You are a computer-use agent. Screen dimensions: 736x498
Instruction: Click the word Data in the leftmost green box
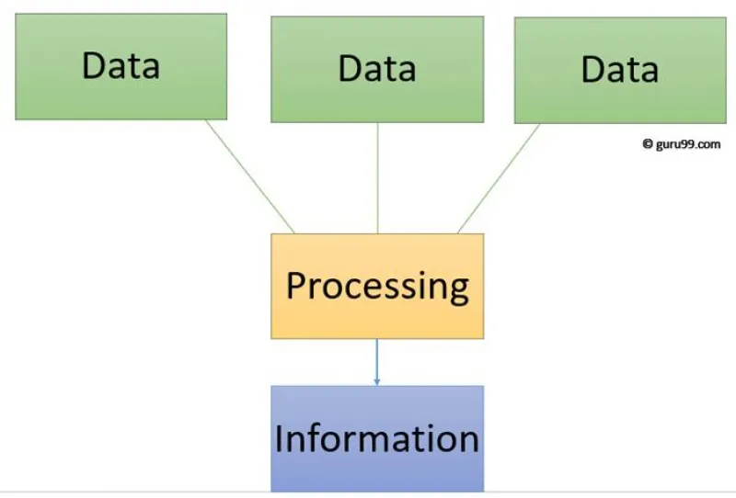point(121,65)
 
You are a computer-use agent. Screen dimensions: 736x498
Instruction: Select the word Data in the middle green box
point(377,69)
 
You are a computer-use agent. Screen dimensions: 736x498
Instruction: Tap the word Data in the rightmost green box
point(620,70)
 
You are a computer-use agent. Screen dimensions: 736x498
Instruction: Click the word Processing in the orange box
point(377,287)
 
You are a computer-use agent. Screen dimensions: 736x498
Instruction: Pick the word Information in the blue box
point(377,438)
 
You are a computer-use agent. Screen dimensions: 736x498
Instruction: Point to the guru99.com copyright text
point(681,144)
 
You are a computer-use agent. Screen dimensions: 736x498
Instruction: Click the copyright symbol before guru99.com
point(648,143)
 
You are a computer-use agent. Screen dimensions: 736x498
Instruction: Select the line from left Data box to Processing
point(249,176)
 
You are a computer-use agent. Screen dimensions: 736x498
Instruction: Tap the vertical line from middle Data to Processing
point(377,178)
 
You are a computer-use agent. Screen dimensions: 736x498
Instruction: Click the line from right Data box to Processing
point(499,178)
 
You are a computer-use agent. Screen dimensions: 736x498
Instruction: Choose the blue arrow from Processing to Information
point(376,363)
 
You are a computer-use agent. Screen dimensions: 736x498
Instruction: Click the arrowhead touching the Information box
point(376,382)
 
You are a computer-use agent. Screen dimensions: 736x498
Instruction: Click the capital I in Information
point(279,438)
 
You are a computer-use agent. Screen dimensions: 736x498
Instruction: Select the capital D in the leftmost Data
point(93,64)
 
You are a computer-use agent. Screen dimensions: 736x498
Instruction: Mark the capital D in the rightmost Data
point(592,69)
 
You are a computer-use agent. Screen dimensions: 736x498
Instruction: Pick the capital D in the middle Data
point(350,68)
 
